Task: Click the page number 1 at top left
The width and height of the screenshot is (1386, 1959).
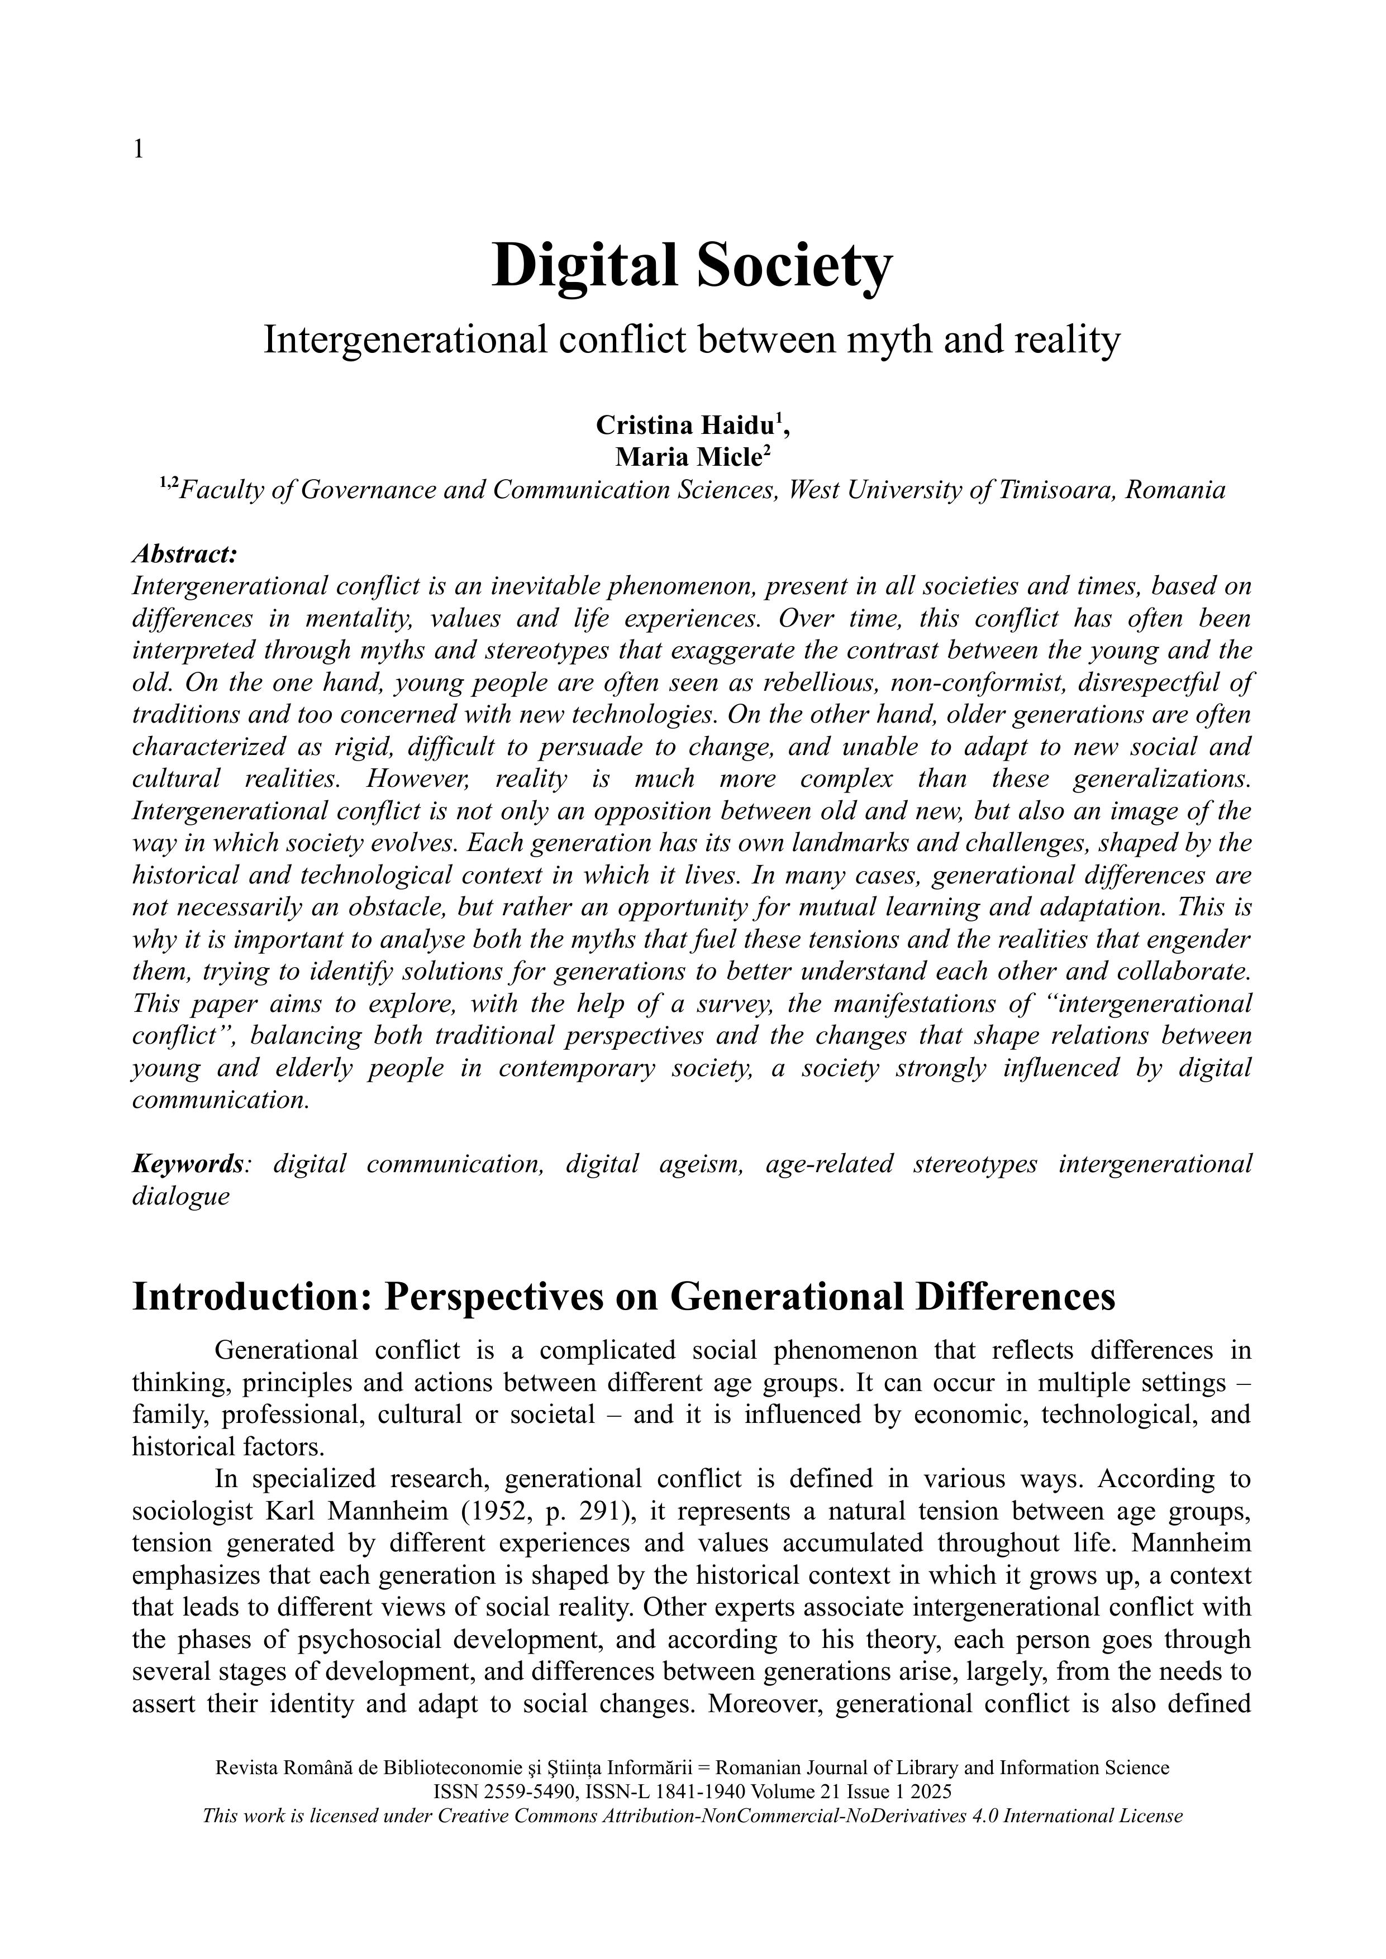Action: [138, 150]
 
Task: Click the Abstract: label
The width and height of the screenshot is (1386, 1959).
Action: [184, 554]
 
